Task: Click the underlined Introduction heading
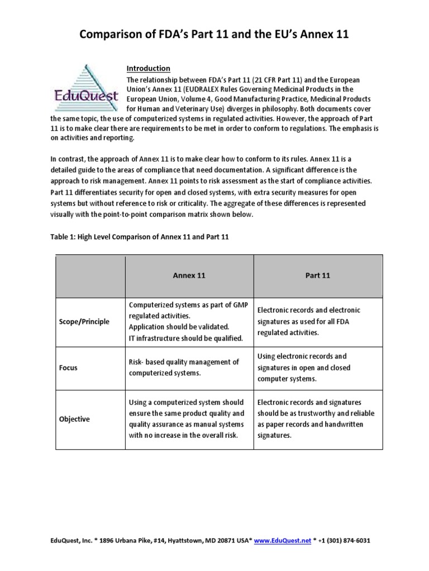[x=148, y=68]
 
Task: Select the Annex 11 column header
[x=189, y=275]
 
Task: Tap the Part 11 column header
[x=318, y=275]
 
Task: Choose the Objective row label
[x=74, y=419]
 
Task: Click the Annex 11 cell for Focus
[x=184, y=367]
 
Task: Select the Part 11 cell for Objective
[x=316, y=419]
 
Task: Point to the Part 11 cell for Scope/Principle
[x=309, y=321]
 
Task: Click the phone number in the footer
[x=346, y=541]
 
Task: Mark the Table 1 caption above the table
[x=140, y=237]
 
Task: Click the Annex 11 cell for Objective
[x=187, y=419]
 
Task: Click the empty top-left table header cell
[x=90, y=275]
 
